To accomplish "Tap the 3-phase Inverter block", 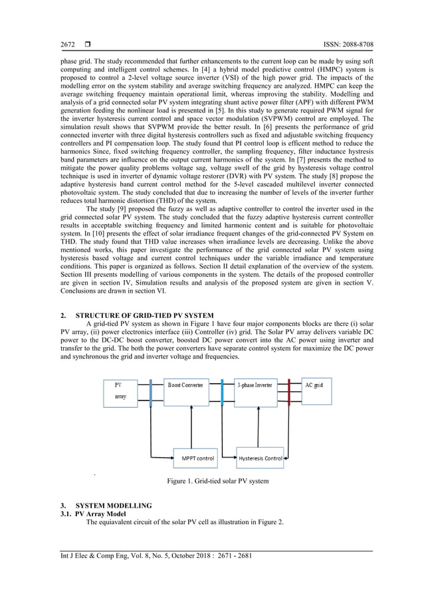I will coord(255,392).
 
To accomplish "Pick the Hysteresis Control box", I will coord(261,458).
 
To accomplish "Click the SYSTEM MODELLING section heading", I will coord(114,506).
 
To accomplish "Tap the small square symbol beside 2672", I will coord(88,45).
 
